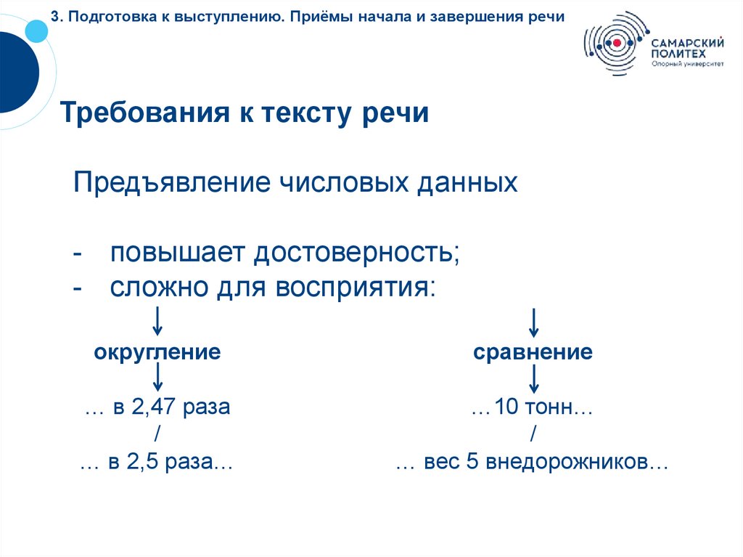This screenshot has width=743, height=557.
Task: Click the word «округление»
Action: pyautogui.click(x=157, y=354)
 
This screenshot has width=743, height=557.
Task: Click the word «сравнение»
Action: pyautogui.click(x=533, y=354)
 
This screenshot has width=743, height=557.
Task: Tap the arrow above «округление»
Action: pyautogui.click(x=157, y=320)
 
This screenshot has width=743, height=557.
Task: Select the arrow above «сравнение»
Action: pyautogui.click(x=533, y=320)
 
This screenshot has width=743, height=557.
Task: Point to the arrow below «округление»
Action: pyautogui.click(x=157, y=379)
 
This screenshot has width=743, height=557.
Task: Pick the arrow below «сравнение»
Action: pyautogui.click(x=533, y=379)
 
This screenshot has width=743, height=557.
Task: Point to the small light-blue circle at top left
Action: pyautogui.click(x=35, y=31)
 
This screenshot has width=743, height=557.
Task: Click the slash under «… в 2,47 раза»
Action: pyautogui.click(x=157, y=435)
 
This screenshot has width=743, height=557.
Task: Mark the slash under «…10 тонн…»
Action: pyautogui.click(x=533, y=435)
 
